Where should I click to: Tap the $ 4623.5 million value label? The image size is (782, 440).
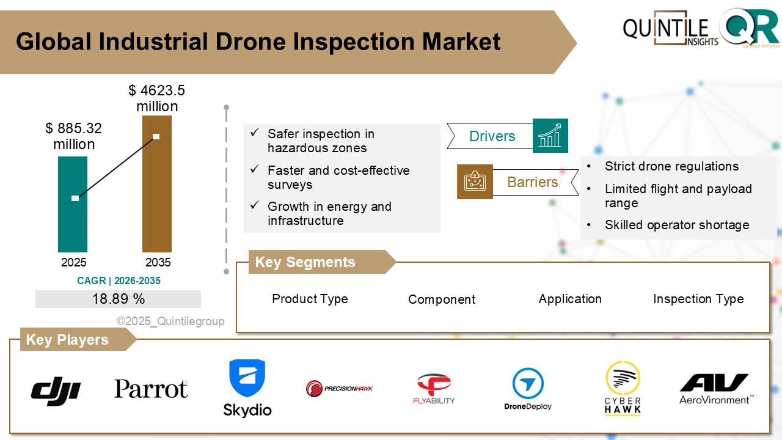[157, 98]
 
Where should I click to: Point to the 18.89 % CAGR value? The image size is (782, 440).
[119, 299]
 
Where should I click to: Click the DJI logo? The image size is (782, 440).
[56, 389]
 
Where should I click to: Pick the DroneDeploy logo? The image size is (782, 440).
[528, 389]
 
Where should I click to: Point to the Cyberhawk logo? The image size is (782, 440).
[623, 389]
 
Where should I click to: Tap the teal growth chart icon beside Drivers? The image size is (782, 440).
[550, 136]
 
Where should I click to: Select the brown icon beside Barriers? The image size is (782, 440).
[475, 182]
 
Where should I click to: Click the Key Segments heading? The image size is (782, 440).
[305, 262]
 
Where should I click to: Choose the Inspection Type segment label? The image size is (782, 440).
[698, 299]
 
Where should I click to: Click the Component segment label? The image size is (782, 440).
[442, 299]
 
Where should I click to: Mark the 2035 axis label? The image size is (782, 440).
[158, 263]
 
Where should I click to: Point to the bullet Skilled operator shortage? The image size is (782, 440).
[677, 225]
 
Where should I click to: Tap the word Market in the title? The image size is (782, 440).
[461, 42]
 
